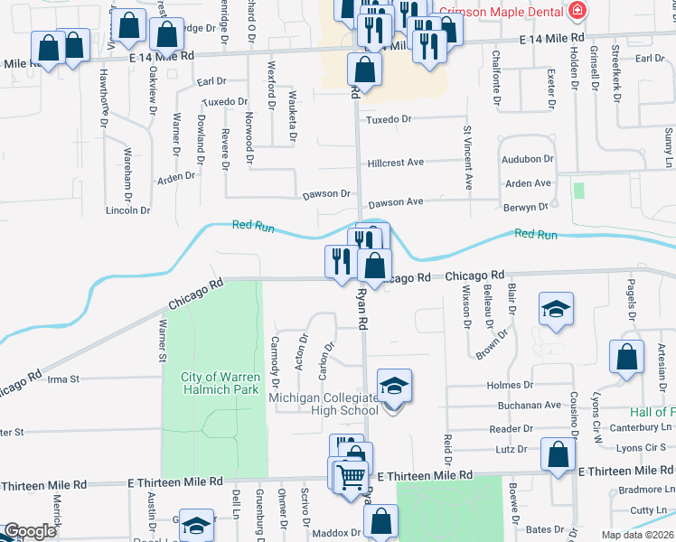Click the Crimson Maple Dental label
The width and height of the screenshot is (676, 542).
502,12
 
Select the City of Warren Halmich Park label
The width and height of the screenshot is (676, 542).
221,382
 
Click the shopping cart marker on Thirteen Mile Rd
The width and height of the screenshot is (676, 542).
352,476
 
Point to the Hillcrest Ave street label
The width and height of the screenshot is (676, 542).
396,163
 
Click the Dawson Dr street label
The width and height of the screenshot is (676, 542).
326,193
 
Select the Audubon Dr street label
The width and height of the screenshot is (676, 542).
528,158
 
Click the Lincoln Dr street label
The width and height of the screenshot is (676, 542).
127,210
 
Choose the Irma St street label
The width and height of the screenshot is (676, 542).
63,378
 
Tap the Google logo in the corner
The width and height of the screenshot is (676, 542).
29,531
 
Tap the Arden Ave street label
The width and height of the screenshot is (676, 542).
529,183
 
